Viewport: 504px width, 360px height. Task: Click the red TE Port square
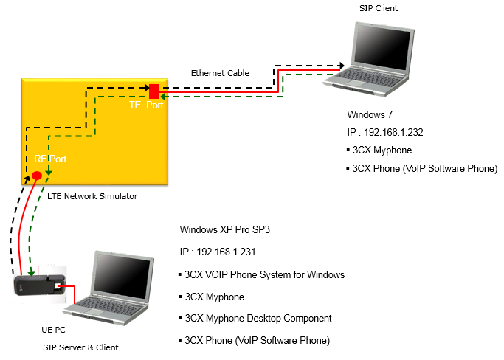point(154,91)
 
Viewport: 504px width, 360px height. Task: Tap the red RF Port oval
point(36,175)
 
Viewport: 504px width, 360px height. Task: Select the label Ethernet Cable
point(220,73)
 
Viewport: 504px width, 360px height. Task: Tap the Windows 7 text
point(369,115)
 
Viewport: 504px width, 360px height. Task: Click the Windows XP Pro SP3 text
point(225,229)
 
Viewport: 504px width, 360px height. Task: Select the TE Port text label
point(146,105)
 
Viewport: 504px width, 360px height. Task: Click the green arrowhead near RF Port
point(49,173)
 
